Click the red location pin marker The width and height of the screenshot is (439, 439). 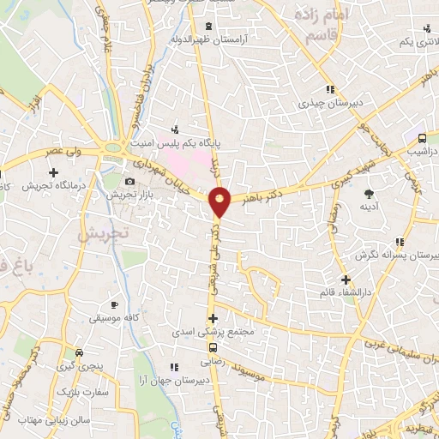[x=220, y=201]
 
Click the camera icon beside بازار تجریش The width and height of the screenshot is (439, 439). [x=129, y=182]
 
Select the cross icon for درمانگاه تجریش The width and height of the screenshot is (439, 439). [x=53, y=172]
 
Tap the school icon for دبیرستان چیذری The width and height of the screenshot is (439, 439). [x=329, y=89]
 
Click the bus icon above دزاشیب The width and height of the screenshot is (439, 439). [x=422, y=138]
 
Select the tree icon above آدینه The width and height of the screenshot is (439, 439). [x=369, y=194]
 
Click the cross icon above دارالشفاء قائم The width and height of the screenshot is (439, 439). [x=345, y=280]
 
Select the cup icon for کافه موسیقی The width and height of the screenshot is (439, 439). [x=114, y=305]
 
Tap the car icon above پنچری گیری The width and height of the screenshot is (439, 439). [x=79, y=353]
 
